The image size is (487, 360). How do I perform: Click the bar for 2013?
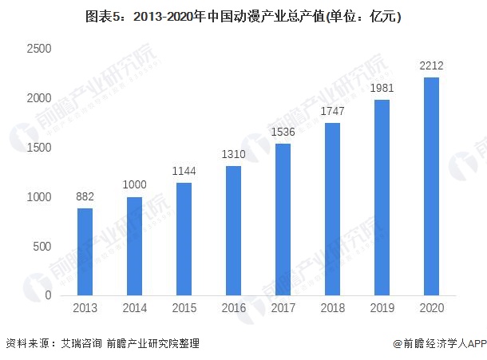[85, 251]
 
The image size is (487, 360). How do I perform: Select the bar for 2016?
[233, 231]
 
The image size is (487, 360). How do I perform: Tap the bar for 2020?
[431, 186]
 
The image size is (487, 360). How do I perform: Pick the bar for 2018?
[332, 209]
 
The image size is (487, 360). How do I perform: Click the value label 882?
[85, 196]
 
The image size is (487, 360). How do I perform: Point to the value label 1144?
[184, 171]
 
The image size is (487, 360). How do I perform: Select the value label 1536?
[283, 132]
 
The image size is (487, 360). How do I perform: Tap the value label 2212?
[431, 65]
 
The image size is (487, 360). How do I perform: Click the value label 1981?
[382, 88]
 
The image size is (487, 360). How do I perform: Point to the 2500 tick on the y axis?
[38, 49]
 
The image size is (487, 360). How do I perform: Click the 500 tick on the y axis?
[42, 247]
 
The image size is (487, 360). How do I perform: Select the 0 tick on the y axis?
[49, 296]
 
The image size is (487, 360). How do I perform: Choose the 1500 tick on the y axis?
[38, 148]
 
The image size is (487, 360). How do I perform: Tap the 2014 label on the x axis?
[134, 307]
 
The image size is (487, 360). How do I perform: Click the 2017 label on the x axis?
[283, 307]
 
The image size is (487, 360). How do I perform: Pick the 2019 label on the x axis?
[382, 307]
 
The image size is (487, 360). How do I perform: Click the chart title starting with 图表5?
[243, 15]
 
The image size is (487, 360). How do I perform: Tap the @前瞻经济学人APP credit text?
[439, 343]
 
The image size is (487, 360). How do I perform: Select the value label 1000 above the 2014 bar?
[134, 185]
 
